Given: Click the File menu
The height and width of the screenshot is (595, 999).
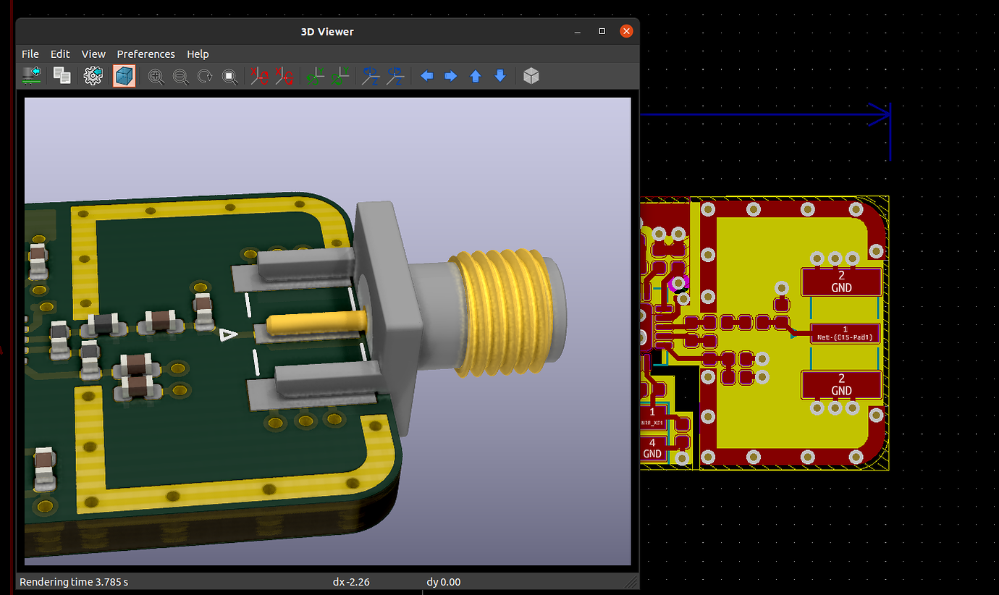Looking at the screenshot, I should click(30, 54).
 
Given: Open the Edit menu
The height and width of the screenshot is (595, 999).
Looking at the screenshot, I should click(60, 54).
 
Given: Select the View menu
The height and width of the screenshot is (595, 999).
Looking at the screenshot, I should click(93, 54).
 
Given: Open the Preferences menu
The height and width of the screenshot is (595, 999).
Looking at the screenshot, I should click(146, 54).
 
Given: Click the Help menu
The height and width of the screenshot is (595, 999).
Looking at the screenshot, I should click(198, 54).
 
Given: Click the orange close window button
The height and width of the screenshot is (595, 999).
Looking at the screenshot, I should click(626, 31).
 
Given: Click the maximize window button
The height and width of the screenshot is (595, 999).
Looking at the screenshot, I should click(602, 31).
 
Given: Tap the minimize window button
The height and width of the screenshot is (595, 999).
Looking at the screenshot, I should click(578, 32).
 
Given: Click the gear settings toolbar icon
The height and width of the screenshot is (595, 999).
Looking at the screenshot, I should click(93, 76).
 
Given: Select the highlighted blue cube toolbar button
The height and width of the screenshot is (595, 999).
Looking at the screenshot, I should click(124, 76).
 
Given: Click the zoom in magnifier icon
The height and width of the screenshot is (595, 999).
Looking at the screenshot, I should click(156, 76).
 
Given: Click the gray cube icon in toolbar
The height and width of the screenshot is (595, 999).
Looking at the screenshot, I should click(531, 76).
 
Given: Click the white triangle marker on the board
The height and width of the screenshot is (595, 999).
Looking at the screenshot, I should click(229, 334).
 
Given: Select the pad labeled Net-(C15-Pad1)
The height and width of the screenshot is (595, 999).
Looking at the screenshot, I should click(845, 334).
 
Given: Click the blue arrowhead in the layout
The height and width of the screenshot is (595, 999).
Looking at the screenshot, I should click(880, 114).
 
